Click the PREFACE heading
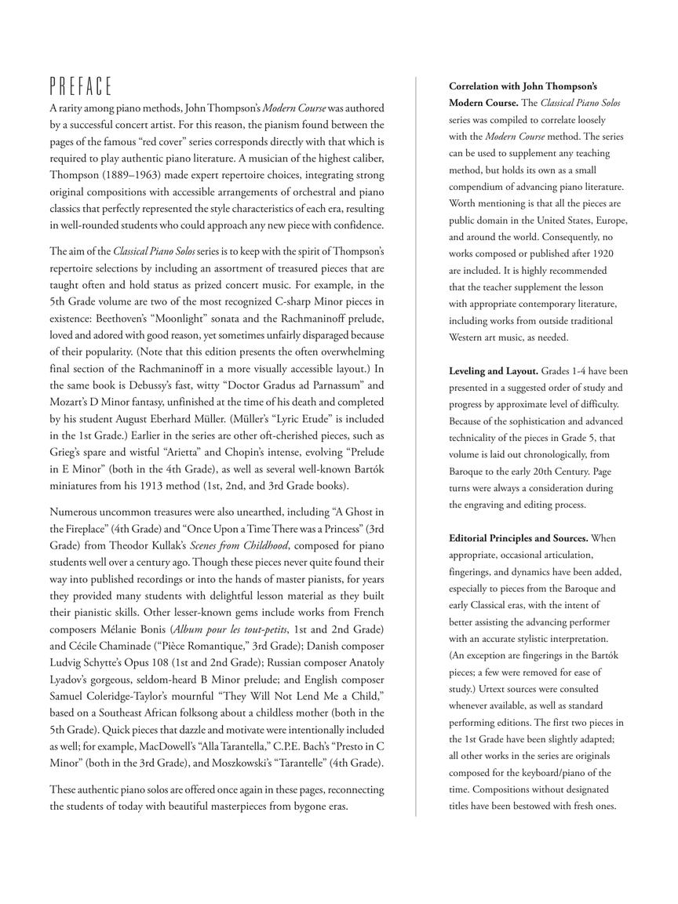click(82, 86)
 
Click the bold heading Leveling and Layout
click(494, 370)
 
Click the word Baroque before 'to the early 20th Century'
click(468, 472)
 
